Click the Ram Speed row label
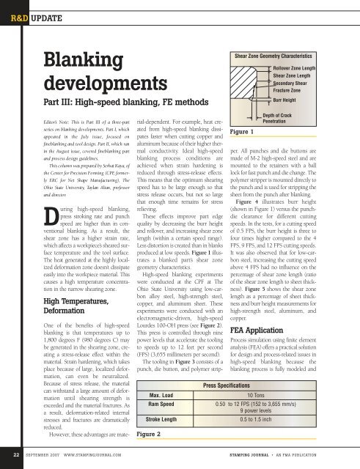pos(164,405)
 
